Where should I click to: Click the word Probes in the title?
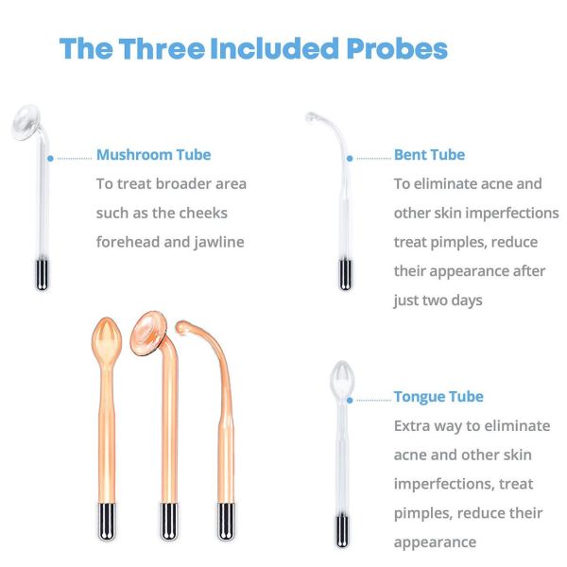pos(397,48)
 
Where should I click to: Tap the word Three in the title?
pos(162,48)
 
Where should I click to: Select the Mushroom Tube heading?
pos(154,155)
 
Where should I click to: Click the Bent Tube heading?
pos(429,155)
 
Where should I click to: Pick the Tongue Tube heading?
pos(438,397)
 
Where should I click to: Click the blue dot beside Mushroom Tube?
pos(50,159)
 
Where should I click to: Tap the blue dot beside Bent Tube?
pos(350,159)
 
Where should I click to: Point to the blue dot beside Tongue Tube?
pos(350,401)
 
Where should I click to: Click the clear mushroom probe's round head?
pos(25,122)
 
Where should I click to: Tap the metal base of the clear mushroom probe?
pos(42,275)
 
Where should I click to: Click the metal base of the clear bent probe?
pos(345,275)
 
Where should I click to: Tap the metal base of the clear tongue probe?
pos(342,531)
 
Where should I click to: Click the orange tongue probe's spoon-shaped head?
pos(107,340)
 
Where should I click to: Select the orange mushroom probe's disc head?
pos(148,334)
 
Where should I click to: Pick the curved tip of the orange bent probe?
pos(181,327)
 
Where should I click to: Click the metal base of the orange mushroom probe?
pos(169,522)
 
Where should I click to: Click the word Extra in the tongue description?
pos(411,426)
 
